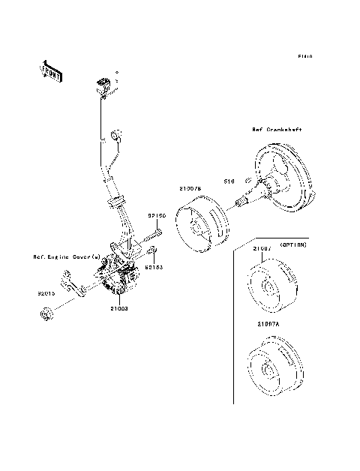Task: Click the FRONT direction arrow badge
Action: click(49, 70)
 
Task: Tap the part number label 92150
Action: click(155, 214)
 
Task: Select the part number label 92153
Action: click(155, 265)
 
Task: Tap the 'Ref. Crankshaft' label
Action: click(277, 130)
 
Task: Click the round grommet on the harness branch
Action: click(116, 136)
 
